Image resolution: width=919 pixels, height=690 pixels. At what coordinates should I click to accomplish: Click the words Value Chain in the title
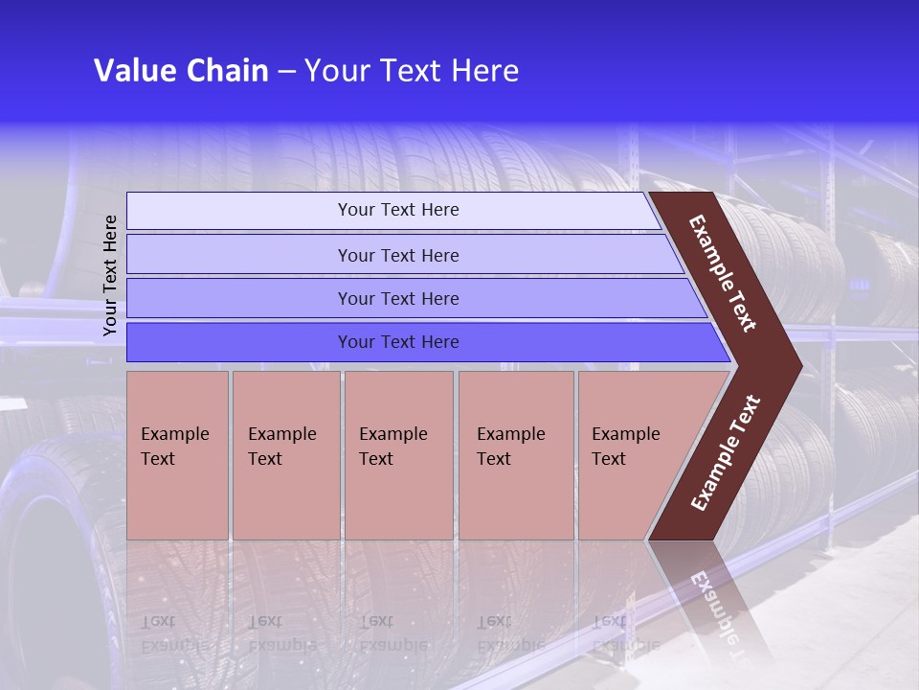pyautogui.click(x=181, y=71)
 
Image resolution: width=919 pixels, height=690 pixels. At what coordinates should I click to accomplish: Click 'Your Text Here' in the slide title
pyautogui.click(x=412, y=71)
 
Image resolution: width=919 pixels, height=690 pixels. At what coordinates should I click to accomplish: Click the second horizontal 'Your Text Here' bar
pyautogui.click(x=398, y=255)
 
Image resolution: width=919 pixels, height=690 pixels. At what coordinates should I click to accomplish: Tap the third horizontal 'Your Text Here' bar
pyautogui.click(x=398, y=298)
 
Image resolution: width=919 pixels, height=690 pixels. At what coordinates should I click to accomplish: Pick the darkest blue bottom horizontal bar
pyautogui.click(x=398, y=342)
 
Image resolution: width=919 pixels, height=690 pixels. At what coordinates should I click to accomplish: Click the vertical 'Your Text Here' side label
pyautogui.click(x=110, y=276)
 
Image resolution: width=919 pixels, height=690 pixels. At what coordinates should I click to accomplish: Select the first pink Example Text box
pyautogui.click(x=177, y=455)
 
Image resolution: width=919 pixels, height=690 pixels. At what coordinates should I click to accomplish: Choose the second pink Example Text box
pyautogui.click(x=285, y=455)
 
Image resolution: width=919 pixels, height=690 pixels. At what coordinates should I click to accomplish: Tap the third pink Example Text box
pyautogui.click(x=398, y=455)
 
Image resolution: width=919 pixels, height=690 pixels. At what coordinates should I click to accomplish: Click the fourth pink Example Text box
pyautogui.click(x=515, y=455)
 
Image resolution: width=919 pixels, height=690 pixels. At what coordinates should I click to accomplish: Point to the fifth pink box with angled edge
pyautogui.click(x=632, y=455)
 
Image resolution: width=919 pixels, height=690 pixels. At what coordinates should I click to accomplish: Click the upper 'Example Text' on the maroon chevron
pyautogui.click(x=723, y=273)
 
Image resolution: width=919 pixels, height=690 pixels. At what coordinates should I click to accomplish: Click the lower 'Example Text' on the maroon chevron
pyautogui.click(x=726, y=452)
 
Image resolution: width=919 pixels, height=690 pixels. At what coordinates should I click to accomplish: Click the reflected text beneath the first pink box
pyautogui.click(x=173, y=632)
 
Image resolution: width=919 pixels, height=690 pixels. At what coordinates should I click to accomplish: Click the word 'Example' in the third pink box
pyautogui.click(x=392, y=434)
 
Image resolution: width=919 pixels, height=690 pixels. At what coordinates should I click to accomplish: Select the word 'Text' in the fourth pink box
pyautogui.click(x=494, y=459)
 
